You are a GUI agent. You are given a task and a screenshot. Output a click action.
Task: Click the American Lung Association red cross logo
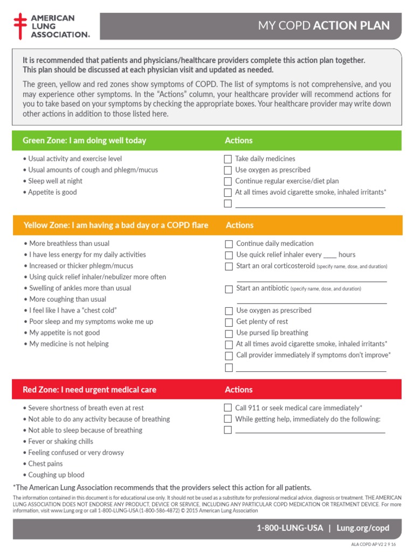[20, 26]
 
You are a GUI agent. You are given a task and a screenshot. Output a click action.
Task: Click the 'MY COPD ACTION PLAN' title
[323, 26]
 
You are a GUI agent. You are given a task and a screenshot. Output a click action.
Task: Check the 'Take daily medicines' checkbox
[228, 159]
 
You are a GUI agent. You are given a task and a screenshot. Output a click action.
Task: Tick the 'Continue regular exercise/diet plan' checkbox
[228, 181]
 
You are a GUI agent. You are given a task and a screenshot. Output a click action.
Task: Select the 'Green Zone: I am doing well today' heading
[84, 141]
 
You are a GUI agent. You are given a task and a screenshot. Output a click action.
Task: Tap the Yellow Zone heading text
[115, 225]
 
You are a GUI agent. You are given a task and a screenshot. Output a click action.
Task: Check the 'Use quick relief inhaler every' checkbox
[229, 255]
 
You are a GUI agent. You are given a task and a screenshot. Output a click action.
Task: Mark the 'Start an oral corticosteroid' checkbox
[229, 266]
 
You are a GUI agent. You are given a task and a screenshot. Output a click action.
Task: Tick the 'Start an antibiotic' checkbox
[229, 289]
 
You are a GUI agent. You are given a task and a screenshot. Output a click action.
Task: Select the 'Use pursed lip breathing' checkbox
[229, 333]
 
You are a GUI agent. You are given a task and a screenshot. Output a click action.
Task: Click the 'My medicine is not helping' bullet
[68, 344]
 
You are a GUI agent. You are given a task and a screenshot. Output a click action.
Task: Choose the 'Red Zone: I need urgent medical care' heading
[89, 390]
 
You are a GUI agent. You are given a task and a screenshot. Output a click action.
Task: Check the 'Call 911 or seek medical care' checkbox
[228, 408]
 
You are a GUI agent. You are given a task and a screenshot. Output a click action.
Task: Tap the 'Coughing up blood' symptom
[56, 475]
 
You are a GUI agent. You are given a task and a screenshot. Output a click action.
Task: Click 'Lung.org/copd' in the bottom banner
[362, 528]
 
